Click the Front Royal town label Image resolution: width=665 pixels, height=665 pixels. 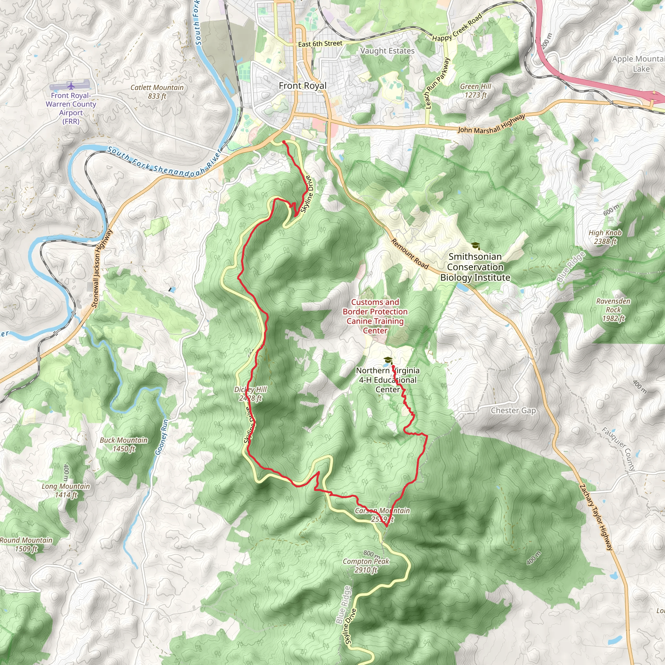click(x=303, y=86)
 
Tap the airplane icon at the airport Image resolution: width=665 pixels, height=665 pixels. click(x=71, y=85)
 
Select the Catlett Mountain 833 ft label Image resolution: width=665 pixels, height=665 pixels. click(x=157, y=92)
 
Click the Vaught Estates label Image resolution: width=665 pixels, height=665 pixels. click(x=387, y=51)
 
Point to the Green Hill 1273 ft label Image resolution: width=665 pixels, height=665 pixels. click(x=476, y=91)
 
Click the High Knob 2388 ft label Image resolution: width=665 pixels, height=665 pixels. click(x=605, y=237)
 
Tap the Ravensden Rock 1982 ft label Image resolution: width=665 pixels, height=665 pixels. click(x=613, y=310)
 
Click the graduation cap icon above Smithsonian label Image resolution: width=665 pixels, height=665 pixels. click(x=475, y=245)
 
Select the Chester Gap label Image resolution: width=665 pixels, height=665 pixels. click(x=513, y=410)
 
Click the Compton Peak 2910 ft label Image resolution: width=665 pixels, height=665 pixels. click(x=366, y=566)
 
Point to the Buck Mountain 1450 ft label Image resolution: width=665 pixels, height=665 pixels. click(x=124, y=445)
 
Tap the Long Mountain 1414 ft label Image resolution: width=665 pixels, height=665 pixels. click(x=66, y=491)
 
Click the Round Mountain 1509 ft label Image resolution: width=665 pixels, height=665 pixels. click(x=26, y=544)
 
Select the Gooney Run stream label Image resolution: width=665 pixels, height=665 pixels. click(x=162, y=437)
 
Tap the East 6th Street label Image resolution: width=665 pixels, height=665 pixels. click(x=320, y=44)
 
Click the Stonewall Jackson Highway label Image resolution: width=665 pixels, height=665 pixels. click(x=102, y=269)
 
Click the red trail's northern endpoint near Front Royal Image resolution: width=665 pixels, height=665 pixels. click(x=283, y=142)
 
